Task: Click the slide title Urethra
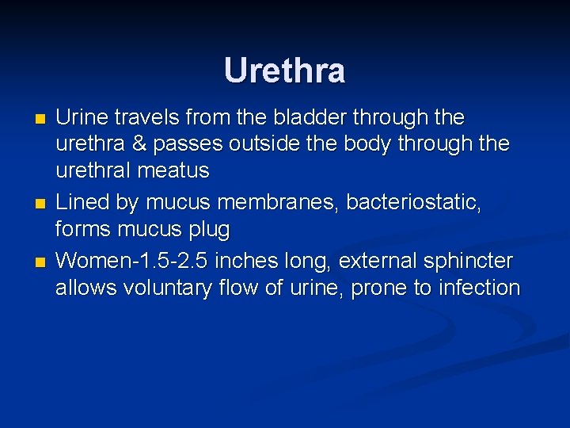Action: tap(284, 71)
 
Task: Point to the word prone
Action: tap(379, 289)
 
